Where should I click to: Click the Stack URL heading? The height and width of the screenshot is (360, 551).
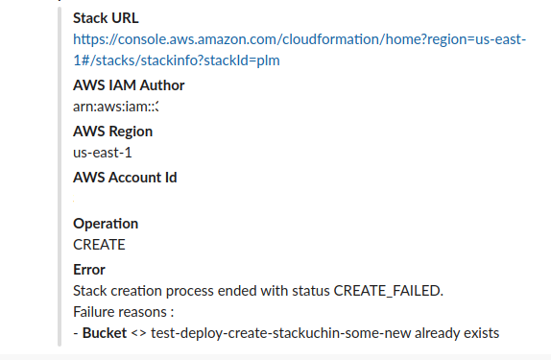(105, 17)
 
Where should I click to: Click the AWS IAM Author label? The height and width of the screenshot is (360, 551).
(129, 85)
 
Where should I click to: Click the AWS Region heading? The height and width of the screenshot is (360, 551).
(112, 132)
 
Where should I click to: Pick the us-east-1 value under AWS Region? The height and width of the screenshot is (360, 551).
(100, 153)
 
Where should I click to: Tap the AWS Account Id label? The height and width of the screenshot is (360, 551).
(125, 177)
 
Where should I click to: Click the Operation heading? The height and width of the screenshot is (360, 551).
(106, 223)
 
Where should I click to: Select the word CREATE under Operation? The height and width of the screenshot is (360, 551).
(99, 245)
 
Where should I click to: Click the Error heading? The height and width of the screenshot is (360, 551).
(89, 270)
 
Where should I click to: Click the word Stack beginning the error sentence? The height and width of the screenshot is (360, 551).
(91, 290)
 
